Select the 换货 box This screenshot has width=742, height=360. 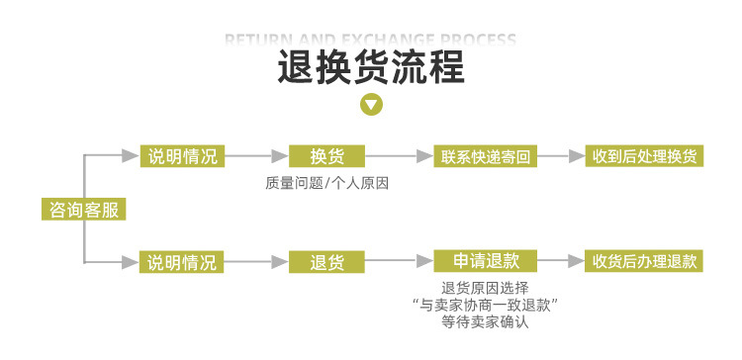click(x=326, y=156)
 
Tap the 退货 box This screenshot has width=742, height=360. click(x=326, y=262)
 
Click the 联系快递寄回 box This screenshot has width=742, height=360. click(x=486, y=156)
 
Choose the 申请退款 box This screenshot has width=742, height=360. click(x=486, y=261)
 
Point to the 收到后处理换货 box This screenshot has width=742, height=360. click(x=644, y=156)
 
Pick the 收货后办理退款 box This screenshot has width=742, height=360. click(x=644, y=262)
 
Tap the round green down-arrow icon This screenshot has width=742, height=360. click(x=371, y=104)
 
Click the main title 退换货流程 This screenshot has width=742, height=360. click(x=371, y=69)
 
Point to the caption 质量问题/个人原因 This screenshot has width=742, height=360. click(x=326, y=183)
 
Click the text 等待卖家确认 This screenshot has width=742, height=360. click(x=486, y=321)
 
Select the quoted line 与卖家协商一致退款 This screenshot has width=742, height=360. click(x=486, y=305)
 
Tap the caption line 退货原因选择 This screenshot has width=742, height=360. click(x=486, y=288)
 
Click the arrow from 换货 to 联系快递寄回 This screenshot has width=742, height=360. click(x=400, y=156)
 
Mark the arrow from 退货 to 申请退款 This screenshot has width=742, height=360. click(x=400, y=262)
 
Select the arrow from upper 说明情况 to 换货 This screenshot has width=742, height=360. click(x=256, y=156)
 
